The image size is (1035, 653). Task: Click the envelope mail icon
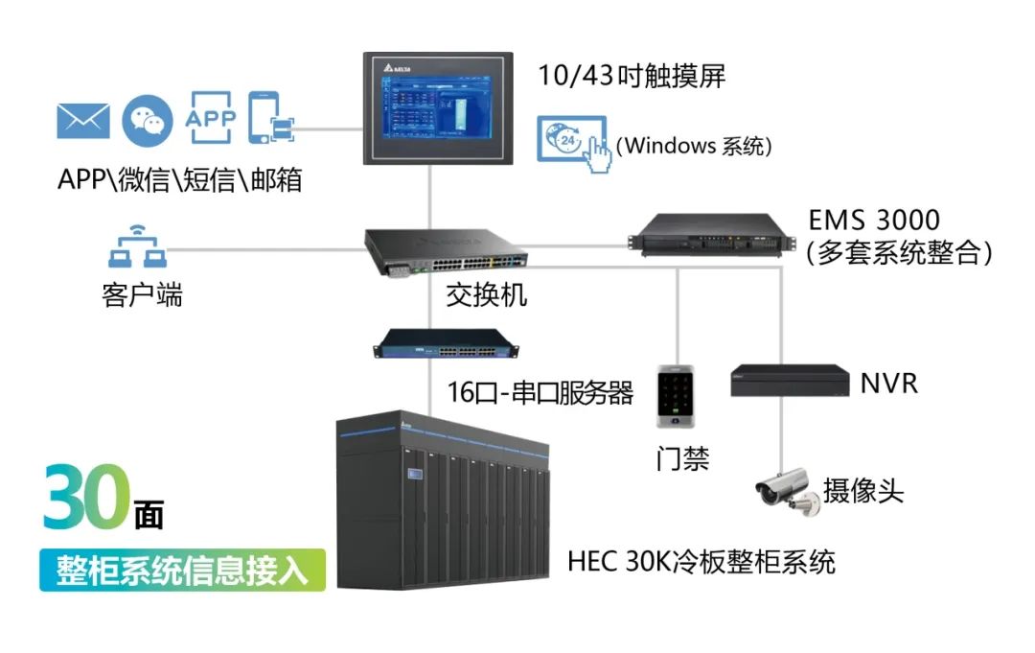(83, 121)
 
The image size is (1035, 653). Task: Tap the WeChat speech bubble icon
(148, 120)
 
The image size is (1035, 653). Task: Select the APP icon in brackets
(211, 118)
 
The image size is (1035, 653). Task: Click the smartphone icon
(270, 118)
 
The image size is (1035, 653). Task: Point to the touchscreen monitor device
(438, 108)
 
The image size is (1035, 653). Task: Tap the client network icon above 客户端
(137, 246)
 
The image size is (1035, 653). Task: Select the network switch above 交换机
(447, 252)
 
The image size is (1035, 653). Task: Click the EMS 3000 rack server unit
(711, 234)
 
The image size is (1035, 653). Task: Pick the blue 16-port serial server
(447, 343)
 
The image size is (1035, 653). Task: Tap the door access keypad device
(676, 396)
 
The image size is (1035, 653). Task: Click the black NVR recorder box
(790, 381)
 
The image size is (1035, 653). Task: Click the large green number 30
(86, 497)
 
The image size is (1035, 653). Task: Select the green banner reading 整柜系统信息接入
(183, 570)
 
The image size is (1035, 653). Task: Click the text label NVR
(888, 384)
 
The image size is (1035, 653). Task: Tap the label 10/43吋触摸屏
(632, 76)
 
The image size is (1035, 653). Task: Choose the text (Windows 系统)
(694, 145)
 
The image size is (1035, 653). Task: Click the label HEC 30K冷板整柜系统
(701, 562)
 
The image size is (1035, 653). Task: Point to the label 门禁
(682, 457)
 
